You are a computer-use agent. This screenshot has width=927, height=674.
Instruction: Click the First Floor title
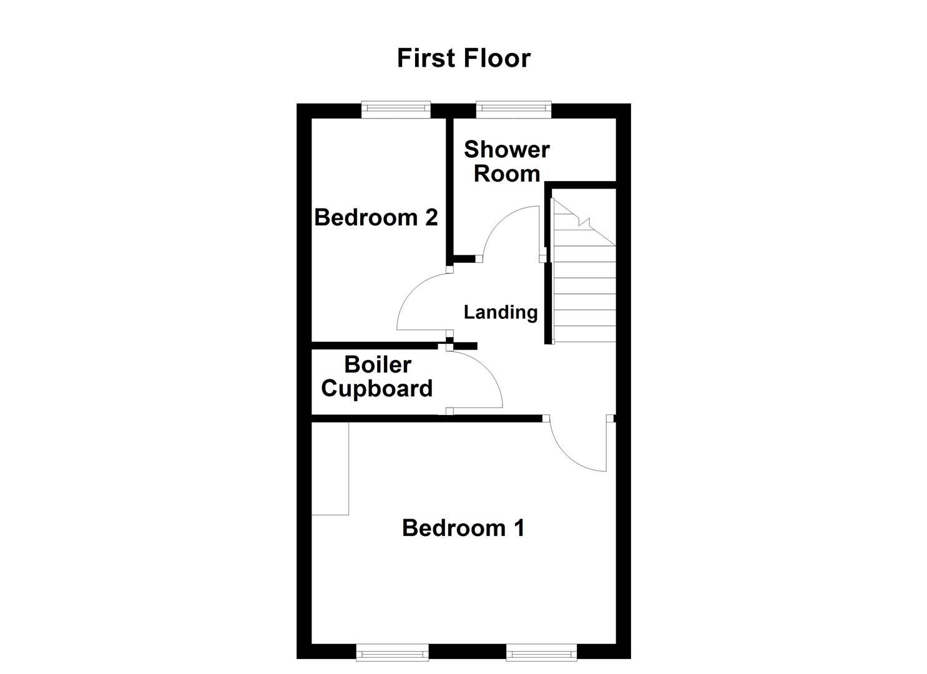click(x=463, y=58)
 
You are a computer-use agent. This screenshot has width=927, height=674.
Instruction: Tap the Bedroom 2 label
click(x=376, y=217)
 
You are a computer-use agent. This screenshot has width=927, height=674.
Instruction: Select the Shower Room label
click(x=506, y=162)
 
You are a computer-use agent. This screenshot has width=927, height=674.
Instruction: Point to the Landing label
click(x=500, y=312)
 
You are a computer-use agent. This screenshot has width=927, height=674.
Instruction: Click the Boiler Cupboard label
click(x=376, y=376)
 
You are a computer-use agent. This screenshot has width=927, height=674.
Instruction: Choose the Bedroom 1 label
click(x=463, y=528)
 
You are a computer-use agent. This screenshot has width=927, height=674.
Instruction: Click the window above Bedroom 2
click(x=396, y=110)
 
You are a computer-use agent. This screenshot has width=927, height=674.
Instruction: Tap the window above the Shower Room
click(x=514, y=110)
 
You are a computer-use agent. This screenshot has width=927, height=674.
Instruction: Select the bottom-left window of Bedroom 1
click(x=393, y=653)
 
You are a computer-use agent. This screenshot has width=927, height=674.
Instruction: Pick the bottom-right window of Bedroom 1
click(x=541, y=653)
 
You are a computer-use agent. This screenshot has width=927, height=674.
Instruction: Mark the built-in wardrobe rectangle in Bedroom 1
click(x=330, y=469)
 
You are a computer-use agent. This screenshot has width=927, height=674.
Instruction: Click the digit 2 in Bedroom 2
click(x=431, y=217)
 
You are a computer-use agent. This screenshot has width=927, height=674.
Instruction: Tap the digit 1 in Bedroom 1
click(x=518, y=528)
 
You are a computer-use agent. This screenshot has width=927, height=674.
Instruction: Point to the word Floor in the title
click(x=497, y=58)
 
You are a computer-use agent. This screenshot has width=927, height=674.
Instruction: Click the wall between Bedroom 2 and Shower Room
click(x=449, y=187)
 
